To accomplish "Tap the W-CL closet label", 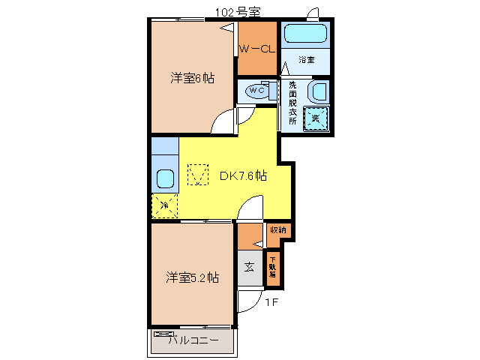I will pos(256,49).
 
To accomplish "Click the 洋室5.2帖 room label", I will pos(193,277).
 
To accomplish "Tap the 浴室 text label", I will pos(306,59).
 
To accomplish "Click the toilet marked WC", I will pos(257,91).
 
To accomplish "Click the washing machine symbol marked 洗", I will pos(316,118).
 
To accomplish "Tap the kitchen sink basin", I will pos(165,180).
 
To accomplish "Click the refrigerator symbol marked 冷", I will pos(164,205).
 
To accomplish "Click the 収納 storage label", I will pos(277,230).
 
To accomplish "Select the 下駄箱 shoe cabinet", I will pos(272,268).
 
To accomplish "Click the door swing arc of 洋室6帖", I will pos(223,121).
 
